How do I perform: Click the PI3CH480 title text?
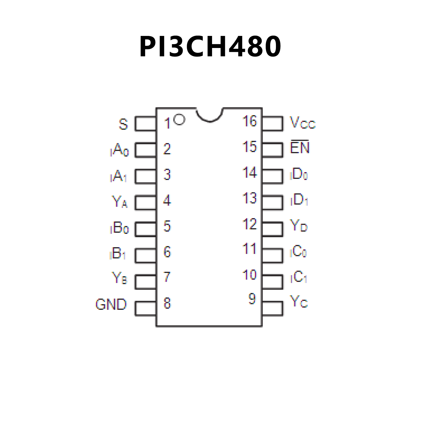210,47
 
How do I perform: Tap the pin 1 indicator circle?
179,119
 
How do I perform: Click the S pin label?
123,124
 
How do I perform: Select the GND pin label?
111,304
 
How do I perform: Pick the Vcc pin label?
303,123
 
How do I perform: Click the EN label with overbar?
300,147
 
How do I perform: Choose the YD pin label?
299,226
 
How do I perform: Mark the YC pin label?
299,301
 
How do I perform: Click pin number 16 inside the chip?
250,121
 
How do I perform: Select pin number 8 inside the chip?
167,303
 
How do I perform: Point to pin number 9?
252,299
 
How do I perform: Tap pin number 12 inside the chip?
250,224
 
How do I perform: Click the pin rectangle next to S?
146,124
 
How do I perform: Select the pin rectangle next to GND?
146,309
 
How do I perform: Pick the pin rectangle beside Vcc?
272,123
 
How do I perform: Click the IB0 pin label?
119,228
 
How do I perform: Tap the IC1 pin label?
299,277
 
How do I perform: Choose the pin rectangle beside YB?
146,282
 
